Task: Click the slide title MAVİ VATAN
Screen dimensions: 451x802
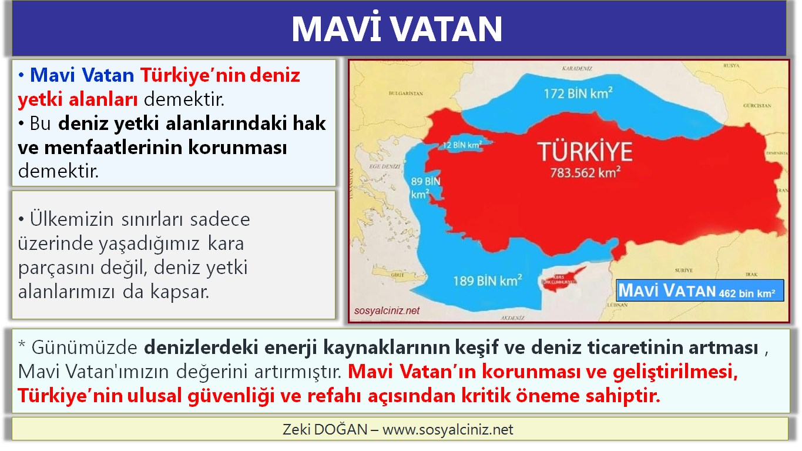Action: click(x=397, y=29)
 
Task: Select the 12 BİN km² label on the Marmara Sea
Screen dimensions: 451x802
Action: click(x=462, y=144)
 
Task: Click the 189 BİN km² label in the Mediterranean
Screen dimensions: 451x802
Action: click(x=487, y=280)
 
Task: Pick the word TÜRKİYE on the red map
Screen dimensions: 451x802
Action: click(x=585, y=152)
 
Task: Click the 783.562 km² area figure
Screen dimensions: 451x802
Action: click(x=585, y=173)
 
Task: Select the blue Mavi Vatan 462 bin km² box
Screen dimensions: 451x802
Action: click(x=700, y=290)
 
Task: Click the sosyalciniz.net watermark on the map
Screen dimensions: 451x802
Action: click(x=387, y=310)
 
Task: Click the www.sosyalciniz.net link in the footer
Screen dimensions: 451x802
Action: click(x=448, y=430)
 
